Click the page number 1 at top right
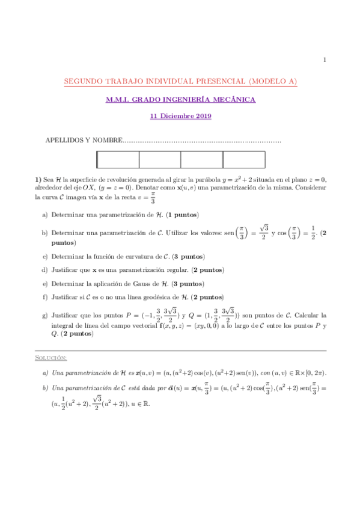click(x=325, y=60)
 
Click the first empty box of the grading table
click(x=117, y=159)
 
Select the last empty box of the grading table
click(x=244, y=159)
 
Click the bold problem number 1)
click(x=39, y=179)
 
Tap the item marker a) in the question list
click(x=44, y=215)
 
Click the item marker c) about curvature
click(x=44, y=256)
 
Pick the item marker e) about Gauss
click(x=44, y=283)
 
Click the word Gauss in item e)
click(x=154, y=283)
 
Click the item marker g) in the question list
click(x=44, y=315)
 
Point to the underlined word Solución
click(x=50, y=358)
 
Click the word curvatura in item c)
click(x=134, y=256)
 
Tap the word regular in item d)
click(x=182, y=270)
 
